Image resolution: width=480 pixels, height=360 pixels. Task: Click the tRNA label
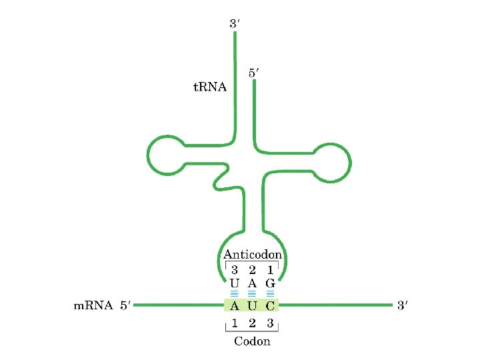(x=209, y=87)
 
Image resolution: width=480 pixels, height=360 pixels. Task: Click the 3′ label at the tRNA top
(x=235, y=23)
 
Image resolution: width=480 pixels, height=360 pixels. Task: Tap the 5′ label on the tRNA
(x=254, y=73)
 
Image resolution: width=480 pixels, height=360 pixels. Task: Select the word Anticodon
(x=253, y=255)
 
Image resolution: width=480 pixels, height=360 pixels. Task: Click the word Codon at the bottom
(x=252, y=341)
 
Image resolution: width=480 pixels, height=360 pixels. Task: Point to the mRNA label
(x=92, y=307)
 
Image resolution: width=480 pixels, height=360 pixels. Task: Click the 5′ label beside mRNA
(x=125, y=307)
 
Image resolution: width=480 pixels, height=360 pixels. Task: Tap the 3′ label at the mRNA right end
(x=402, y=307)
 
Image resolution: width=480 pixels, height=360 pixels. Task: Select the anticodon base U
(x=235, y=283)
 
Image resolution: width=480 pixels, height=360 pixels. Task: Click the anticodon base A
(x=252, y=283)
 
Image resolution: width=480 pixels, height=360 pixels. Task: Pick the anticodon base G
(x=270, y=283)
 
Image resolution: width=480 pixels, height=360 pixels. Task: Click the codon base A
(x=235, y=307)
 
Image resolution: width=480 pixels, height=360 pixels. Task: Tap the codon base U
(x=252, y=307)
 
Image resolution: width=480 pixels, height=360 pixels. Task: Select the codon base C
(x=270, y=307)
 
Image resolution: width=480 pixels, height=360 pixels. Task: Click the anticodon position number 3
(x=235, y=271)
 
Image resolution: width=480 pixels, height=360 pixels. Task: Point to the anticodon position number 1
(x=270, y=271)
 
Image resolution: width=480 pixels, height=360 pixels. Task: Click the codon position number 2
(x=252, y=325)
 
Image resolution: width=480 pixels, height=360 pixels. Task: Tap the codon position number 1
(x=235, y=325)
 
